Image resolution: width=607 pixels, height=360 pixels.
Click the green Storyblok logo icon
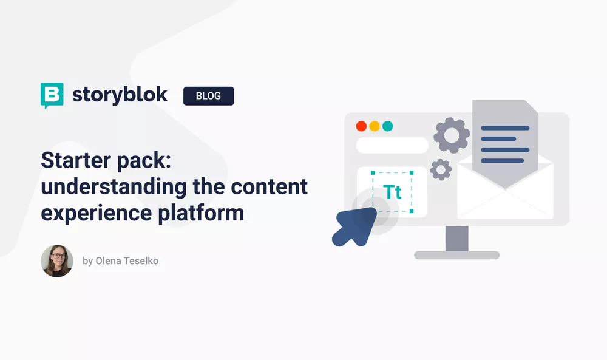point(52,95)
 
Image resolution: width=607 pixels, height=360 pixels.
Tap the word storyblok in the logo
point(120,95)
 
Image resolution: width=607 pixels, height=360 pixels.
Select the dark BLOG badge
point(208,96)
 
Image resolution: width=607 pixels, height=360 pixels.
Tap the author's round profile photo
point(57,261)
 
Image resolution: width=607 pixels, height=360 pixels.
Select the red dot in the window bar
point(361,126)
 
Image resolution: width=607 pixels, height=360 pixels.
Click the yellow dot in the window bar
point(375,126)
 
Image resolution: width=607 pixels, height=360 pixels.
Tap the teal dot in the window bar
point(387,126)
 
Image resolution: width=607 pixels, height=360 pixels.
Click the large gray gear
point(451,135)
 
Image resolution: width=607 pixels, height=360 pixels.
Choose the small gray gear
point(441,169)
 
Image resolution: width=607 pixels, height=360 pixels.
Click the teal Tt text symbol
point(393,192)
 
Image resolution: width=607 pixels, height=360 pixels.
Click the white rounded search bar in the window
point(392,146)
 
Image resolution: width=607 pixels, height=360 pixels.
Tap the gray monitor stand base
point(456,255)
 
